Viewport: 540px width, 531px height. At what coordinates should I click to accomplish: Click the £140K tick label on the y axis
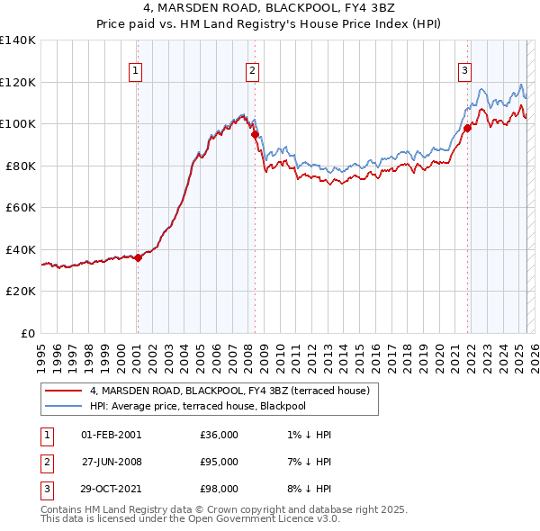coord(18,40)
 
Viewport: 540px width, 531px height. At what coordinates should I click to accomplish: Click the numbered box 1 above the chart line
coord(135,71)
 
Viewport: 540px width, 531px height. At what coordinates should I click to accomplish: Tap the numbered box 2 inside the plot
coord(252,71)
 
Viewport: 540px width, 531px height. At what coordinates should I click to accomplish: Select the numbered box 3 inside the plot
coord(465,71)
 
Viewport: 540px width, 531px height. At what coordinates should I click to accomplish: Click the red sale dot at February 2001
coord(138,258)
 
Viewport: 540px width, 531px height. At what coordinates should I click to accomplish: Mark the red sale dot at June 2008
coord(255,135)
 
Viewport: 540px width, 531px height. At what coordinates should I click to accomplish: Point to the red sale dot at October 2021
coord(468,128)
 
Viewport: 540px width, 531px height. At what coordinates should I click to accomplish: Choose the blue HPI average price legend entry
coord(198,406)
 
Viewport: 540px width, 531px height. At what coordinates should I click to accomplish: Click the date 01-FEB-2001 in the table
coord(111,435)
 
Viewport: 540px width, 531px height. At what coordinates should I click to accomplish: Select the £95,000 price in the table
coord(220,462)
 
